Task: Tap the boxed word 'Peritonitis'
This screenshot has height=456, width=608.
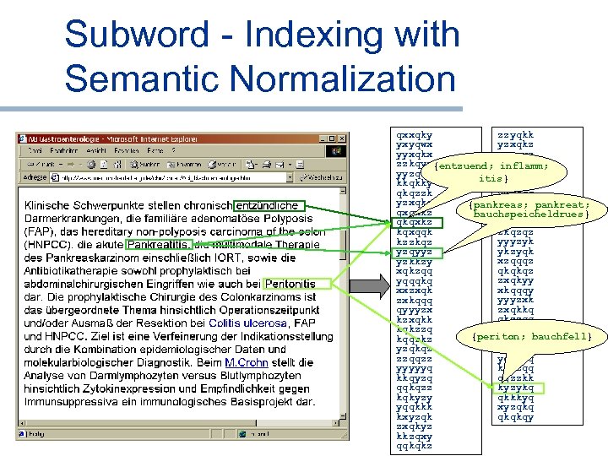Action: click(x=290, y=285)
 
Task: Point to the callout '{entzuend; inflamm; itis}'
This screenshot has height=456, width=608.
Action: click(x=491, y=172)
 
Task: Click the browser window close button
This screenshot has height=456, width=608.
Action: click(x=341, y=138)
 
